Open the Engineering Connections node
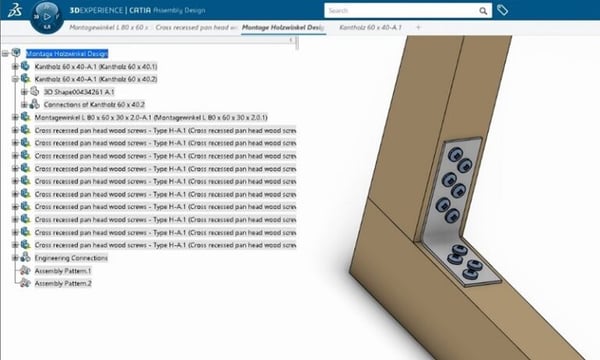coord(71,258)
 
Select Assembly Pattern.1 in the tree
coord(62,271)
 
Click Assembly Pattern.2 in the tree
coord(62,284)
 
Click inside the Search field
coord(400,11)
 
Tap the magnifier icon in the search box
coord(484,11)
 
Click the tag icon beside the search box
coord(504,11)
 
